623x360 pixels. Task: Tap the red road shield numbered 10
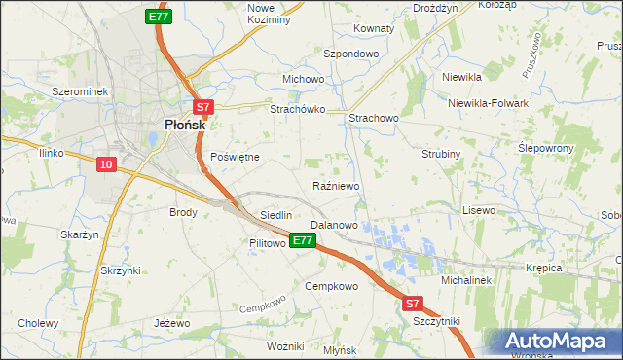pyautogui.click(x=108, y=165)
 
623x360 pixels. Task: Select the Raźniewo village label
pyautogui.click(x=337, y=185)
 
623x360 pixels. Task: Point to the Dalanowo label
pyautogui.click(x=334, y=225)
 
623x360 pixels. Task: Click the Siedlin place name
pyautogui.click(x=275, y=214)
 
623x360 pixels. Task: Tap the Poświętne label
pyautogui.click(x=235, y=157)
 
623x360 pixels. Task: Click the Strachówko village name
pyautogui.click(x=297, y=110)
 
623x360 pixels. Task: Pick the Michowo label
pyautogui.click(x=303, y=79)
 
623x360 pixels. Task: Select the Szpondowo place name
pyautogui.click(x=350, y=54)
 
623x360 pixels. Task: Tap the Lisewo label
pyautogui.click(x=479, y=210)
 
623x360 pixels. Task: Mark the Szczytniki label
pyautogui.click(x=436, y=320)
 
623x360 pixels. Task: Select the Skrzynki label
pyautogui.click(x=120, y=270)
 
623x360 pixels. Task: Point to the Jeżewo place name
pyautogui.click(x=171, y=322)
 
